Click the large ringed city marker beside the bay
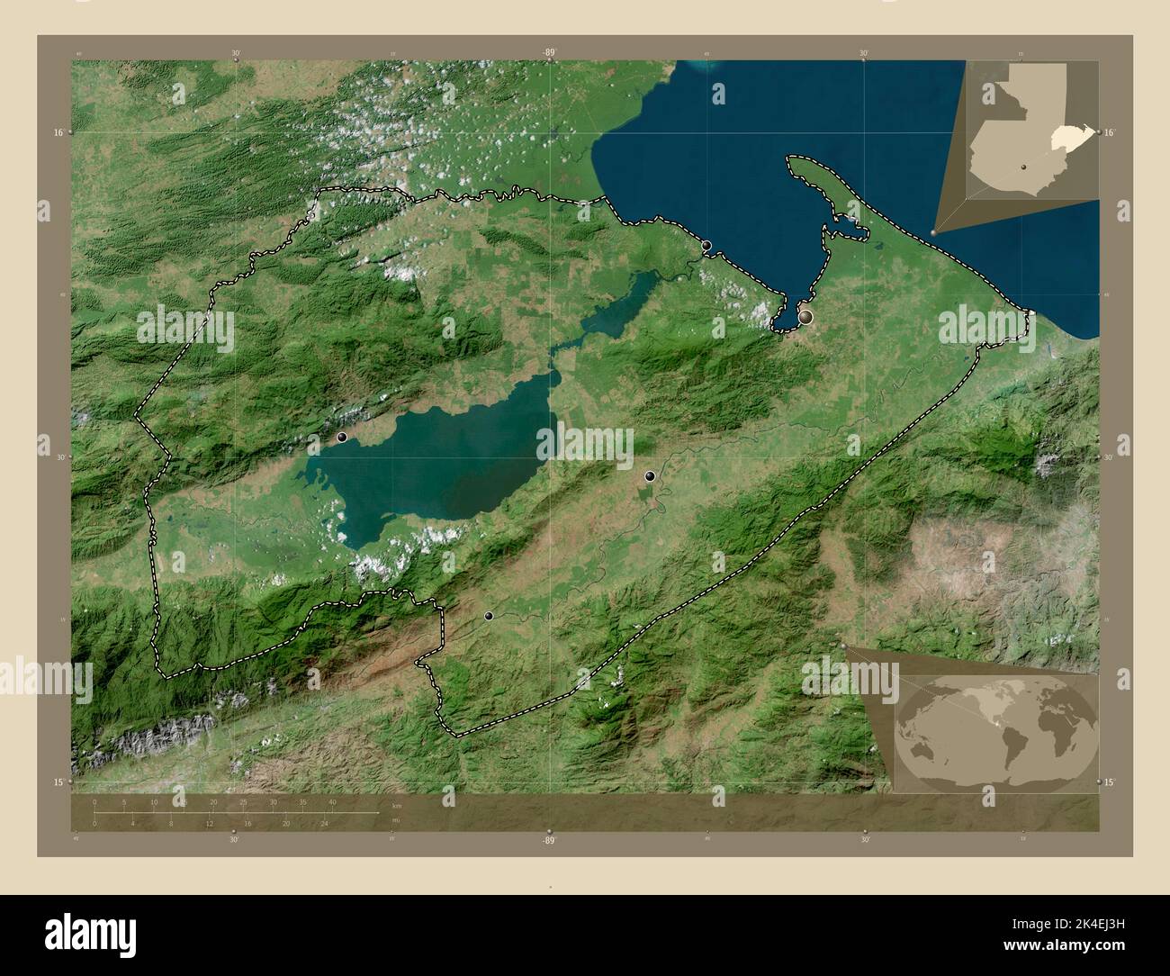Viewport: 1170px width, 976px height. point(805,317)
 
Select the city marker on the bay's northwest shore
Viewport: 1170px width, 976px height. point(707,245)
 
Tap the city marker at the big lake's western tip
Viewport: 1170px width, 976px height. point(342,437)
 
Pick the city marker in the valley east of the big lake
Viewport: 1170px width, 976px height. point(650,475)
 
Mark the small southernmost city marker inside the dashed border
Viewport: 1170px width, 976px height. point(489,616)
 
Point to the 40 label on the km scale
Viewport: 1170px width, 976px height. point(332,801)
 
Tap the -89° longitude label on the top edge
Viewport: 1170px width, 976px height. point(548,53)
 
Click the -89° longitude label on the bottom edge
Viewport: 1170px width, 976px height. point(548,839)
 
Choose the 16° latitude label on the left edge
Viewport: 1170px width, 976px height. point(58,132)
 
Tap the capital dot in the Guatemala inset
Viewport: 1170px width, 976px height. point(1023,167)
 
